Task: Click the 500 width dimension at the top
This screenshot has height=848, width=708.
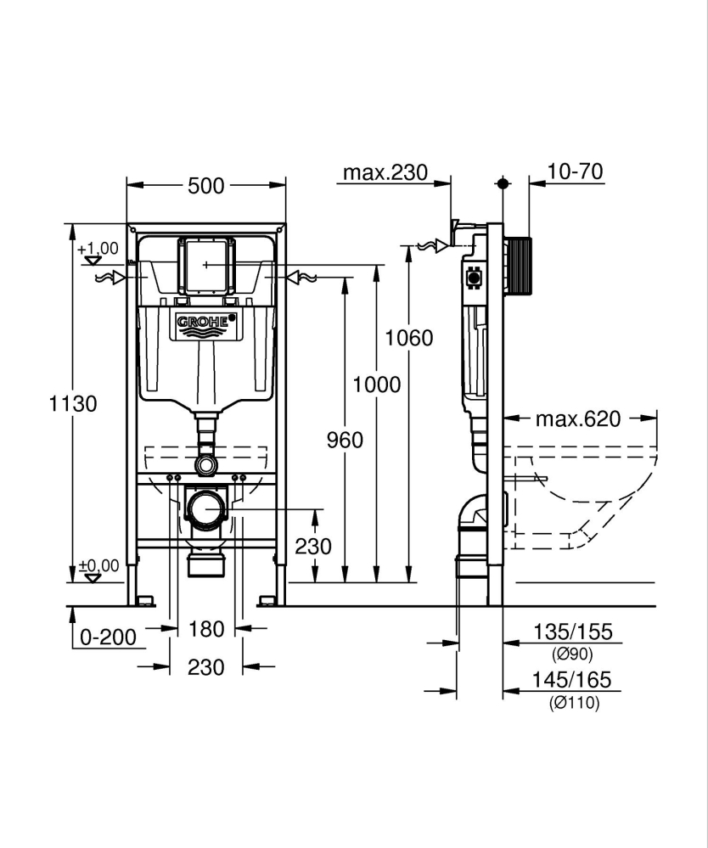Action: click(206, 185)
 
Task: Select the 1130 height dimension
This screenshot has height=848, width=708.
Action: click(73, 403)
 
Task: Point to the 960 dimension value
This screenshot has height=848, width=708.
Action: click(345, 440)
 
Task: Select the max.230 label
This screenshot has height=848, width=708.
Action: click(385, 173)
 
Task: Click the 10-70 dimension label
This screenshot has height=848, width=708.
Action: click(575, 172)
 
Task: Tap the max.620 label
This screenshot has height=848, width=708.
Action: click(578, 418)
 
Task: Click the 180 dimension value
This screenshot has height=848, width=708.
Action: click(206, 629)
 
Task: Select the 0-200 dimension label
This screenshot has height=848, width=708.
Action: click(108, 637)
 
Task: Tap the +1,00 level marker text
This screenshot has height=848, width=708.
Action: click(98, 249)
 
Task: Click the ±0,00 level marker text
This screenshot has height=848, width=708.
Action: click(98, 564)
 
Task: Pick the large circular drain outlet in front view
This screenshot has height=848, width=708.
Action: click(205, 509)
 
